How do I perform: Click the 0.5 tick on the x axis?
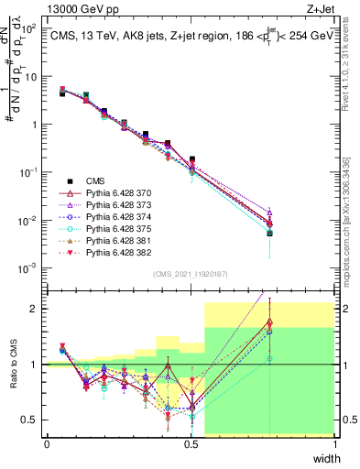coord(191,444)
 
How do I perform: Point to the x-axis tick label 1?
coord(334,444)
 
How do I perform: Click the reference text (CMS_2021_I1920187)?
coord(191,273)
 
